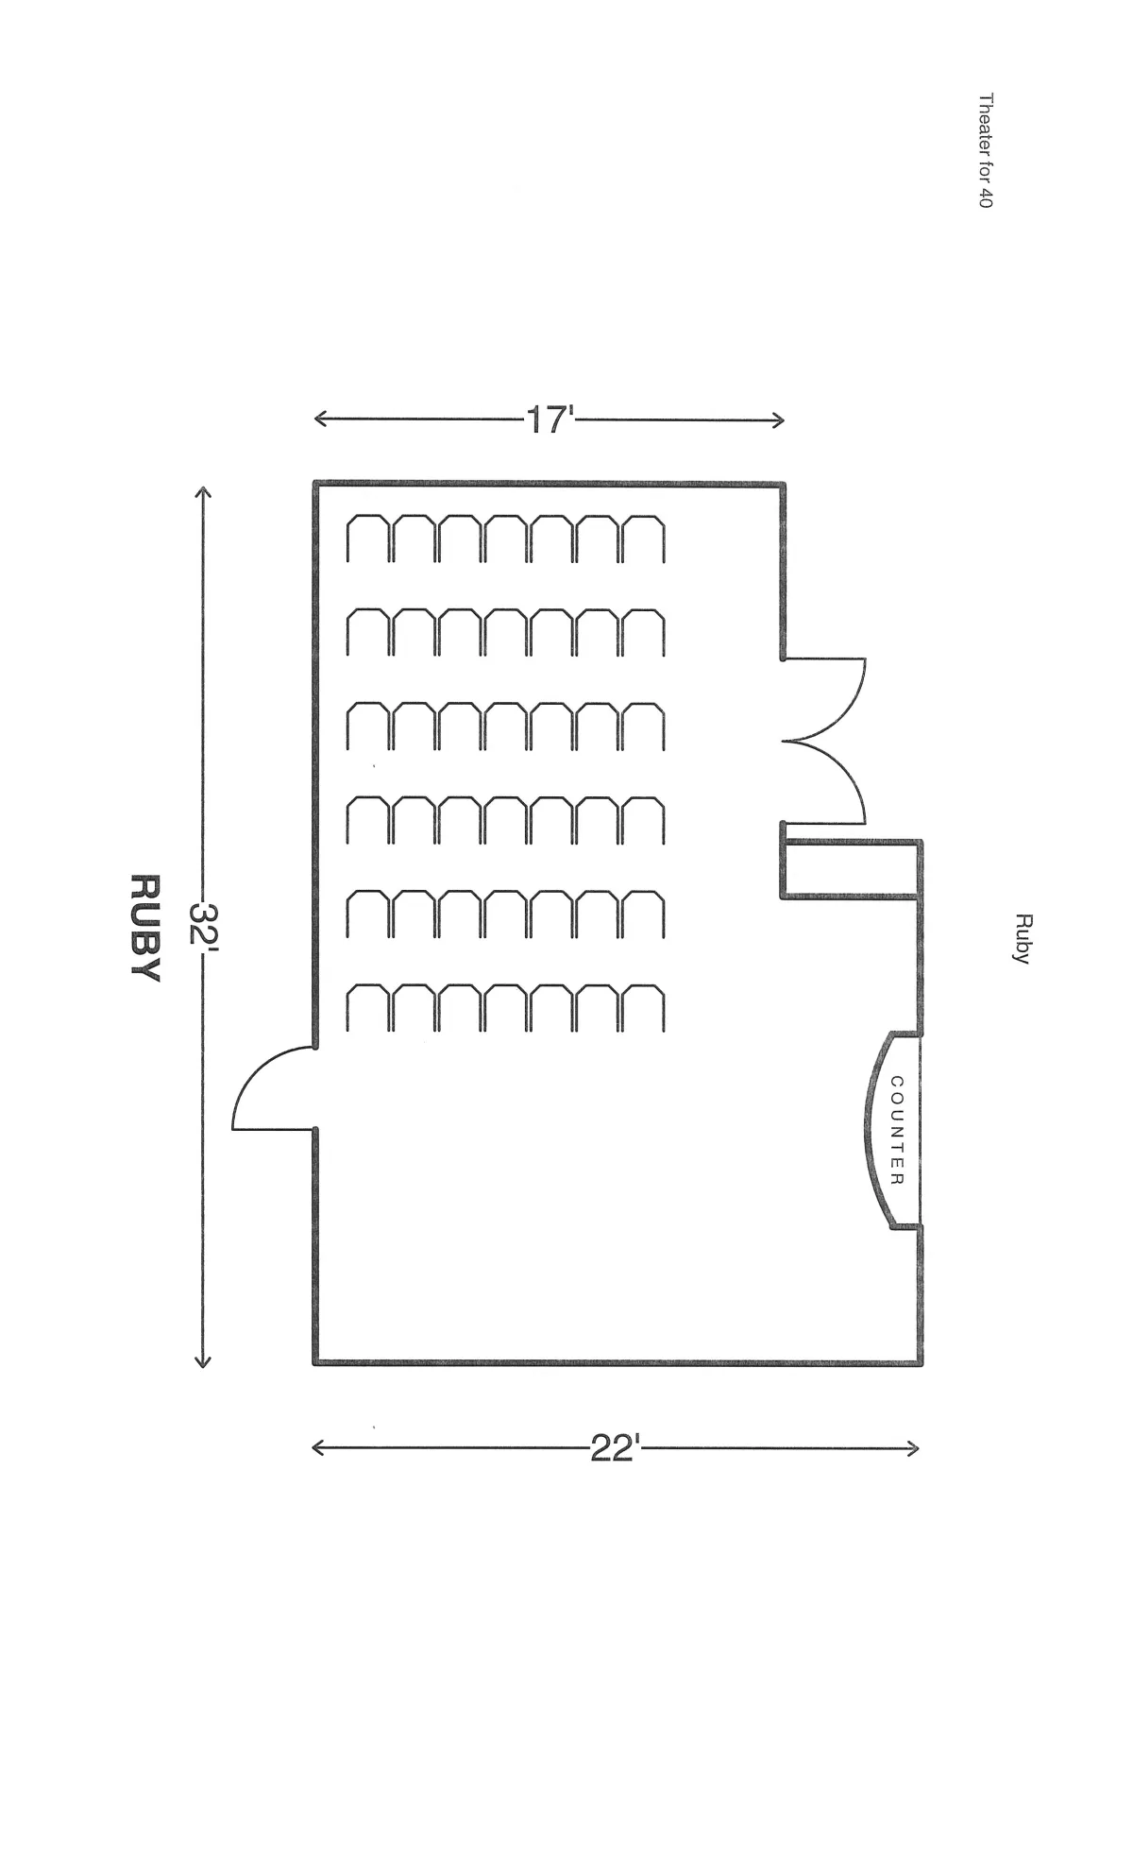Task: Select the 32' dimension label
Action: coord(203,926)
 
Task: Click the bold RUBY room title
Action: coord(144,927)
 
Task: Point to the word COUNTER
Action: coord(897,1130)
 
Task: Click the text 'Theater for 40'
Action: coord(986,150)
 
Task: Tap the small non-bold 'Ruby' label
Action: coord(1021,938)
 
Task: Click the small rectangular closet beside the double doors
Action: coord(851,868)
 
